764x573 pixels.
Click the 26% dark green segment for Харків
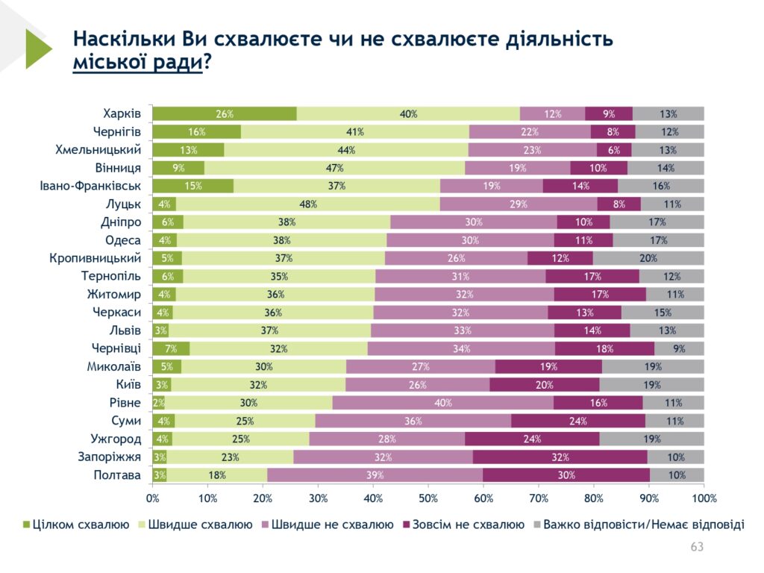[225, 114]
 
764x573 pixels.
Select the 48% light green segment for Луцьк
[308, 204]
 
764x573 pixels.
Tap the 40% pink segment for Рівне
[442, 403]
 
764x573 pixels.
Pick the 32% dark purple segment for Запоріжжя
[560, 457]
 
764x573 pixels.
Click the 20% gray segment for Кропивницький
[648, 259]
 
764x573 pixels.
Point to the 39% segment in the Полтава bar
[375, 475]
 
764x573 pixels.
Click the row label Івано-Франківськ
[90, 186]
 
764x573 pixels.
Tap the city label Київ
[126, 384]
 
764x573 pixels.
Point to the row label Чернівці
[116, 348]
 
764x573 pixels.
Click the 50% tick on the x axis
[428, 498]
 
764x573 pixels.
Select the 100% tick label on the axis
[704, 498]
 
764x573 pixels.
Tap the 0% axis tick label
[153, 498]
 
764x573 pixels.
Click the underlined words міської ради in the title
[137, 63]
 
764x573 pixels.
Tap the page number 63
[697, 548]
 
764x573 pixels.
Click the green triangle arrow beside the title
[37, 48]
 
